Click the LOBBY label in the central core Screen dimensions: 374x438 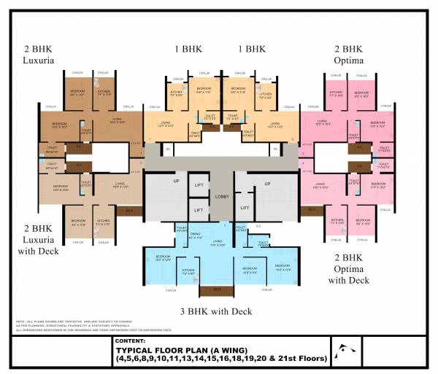tap(222, 197)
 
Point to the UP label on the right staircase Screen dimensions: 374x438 tap(267, 183)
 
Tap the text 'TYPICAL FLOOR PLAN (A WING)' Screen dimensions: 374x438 tap(180, 350)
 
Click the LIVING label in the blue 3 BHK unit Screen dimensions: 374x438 tap(217, 243)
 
